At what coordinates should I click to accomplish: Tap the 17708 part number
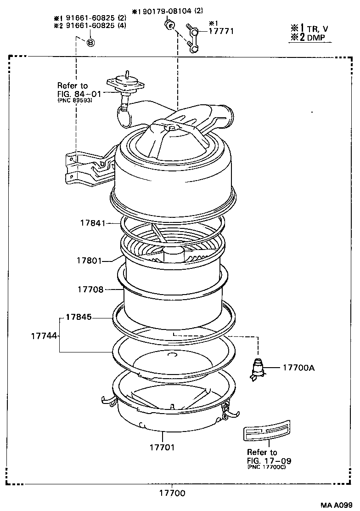pos(90,290)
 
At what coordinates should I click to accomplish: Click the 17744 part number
pos(44,336)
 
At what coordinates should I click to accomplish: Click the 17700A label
pos(298,368)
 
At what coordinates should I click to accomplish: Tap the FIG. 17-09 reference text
pos(269,460)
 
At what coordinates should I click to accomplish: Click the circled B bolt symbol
pos(90,42)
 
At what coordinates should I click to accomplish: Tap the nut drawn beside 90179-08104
pos(169,24)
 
